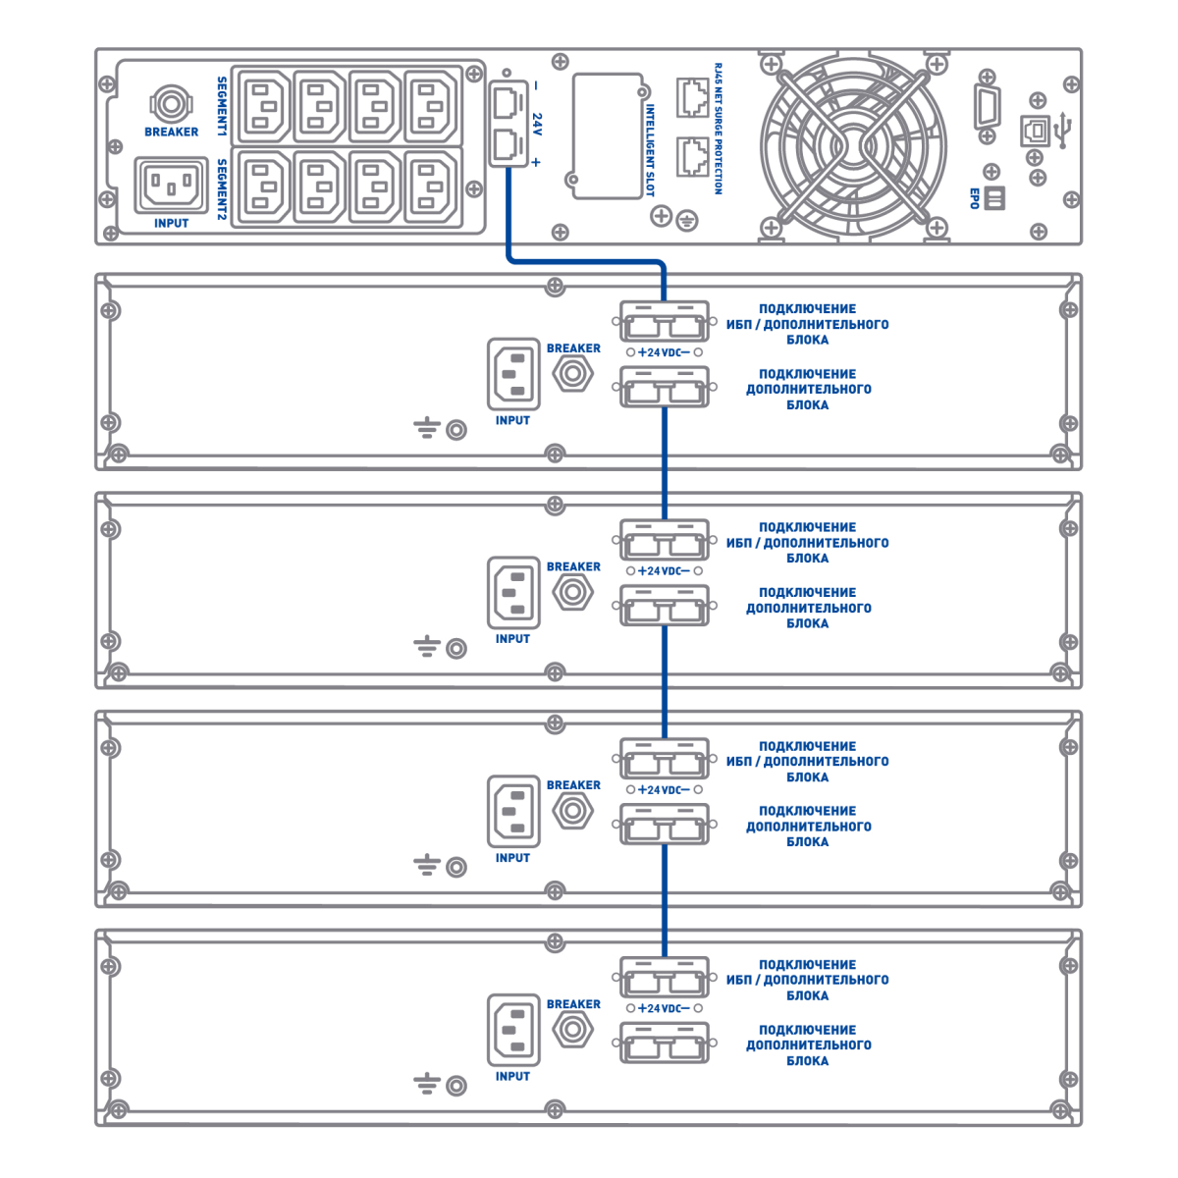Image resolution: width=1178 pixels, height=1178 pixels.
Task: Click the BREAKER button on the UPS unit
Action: point(171,102)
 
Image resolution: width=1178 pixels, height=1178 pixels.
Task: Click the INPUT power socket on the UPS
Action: point(171,184)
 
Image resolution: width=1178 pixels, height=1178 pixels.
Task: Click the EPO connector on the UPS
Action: point(993,198)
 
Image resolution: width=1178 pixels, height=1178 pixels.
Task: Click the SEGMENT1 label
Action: point(222,105)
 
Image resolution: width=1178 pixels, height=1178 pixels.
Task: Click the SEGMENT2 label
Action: point(222,187)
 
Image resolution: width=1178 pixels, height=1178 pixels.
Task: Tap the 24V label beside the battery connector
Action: point(537,124)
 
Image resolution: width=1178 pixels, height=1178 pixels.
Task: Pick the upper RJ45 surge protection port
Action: point(692,95)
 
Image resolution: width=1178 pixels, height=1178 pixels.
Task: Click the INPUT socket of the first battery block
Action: point(513,374)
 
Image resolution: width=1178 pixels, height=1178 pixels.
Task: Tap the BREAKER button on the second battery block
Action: point(572,592)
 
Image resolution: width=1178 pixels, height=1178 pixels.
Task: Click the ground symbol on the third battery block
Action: point(426,866)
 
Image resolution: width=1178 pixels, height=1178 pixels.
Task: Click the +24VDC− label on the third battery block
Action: point(664,790)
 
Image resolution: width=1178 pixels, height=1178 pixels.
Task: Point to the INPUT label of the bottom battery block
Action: point(512,1077)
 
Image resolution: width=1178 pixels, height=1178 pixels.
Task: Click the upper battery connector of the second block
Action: point(665,541)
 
